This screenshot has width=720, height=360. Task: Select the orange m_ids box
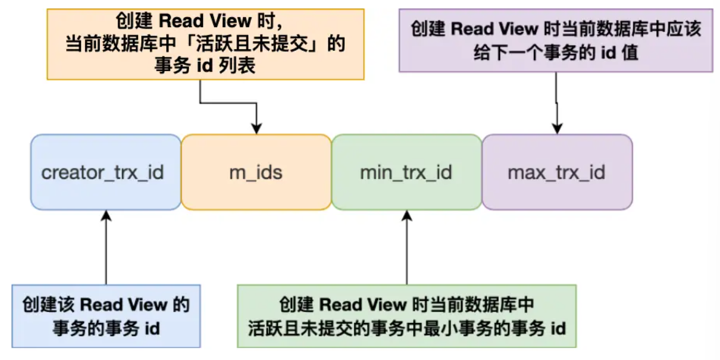pos(256,172)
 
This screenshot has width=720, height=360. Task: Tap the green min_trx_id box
pos(406,172)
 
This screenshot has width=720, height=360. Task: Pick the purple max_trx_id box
pos(556,172)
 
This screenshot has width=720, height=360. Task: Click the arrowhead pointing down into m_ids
pos(256,128)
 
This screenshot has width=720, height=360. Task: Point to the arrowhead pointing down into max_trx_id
pos(557,128)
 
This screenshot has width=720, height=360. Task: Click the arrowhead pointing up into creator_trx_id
pos(106,216)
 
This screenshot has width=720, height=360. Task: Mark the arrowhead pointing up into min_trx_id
pos(407,216)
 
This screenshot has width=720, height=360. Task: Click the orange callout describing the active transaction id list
pos(205,44)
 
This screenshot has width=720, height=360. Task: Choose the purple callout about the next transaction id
pos(556,41)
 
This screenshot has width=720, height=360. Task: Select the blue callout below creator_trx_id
pos(106,316)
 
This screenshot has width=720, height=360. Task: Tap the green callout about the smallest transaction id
pos(407,316)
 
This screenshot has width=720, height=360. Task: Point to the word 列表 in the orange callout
pos(241,65)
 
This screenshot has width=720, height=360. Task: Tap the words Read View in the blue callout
pos(116,304)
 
